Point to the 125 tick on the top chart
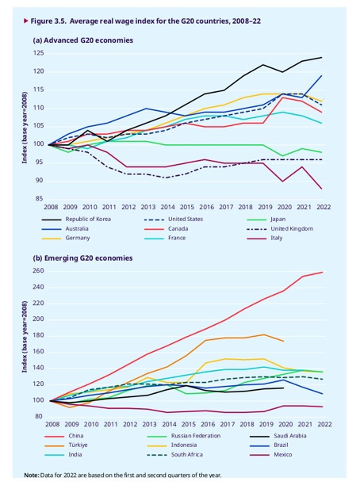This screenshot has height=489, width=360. (x=39, y=53)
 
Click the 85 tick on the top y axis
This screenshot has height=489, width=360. (x=39, y=198)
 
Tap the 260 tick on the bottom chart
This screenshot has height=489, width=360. (x=37, y=271)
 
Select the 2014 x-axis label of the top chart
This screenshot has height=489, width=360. (x=167, y=207)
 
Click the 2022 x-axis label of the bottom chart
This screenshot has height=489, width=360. (x=324, y=425)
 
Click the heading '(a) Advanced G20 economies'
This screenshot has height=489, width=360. (x=83, y=40)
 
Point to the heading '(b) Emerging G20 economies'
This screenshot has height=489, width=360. (x=82, y=258)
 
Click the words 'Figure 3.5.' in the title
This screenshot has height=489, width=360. (x=48, y=21)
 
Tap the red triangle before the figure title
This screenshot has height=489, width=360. (x=26, y=21)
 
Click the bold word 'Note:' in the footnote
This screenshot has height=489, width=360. (x=32, y=476)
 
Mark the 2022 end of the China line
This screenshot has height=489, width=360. (x=323, y=273)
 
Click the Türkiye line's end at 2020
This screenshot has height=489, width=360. (x=284, y=341)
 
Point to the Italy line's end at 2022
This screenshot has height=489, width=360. (x=322, y=189)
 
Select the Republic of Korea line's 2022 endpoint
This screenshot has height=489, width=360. (x=322, y=57)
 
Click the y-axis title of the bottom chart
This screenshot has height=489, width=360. (x=25, y=337)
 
